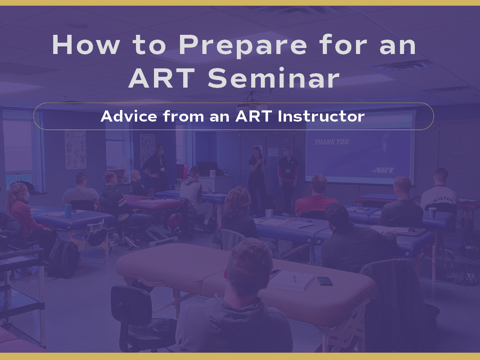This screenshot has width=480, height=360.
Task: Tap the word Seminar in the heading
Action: click(x=273, y=78)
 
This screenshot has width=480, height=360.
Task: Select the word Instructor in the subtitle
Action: click(x=321, y=116)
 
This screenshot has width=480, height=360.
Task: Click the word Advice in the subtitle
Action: click(x=129, y=116)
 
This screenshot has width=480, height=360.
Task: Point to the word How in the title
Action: click(x=86, y=44)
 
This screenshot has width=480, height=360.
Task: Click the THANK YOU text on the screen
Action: click(x=332, y=142)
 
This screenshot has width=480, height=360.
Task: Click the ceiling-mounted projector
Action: click(x=252, y=107)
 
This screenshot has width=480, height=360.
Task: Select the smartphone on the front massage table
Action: click(x=325, y=281)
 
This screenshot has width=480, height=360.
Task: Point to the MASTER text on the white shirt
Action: click(x=442, y=199)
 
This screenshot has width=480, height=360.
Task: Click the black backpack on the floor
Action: click(x=64, y=259)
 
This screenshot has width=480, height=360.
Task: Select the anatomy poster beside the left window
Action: click(x=76, y=150)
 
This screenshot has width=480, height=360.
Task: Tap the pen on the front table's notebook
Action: click(x=295, y=278)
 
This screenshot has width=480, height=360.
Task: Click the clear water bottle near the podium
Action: click(x=210, y=188)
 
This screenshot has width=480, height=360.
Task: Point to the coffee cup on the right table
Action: click(x=432, y=212)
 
